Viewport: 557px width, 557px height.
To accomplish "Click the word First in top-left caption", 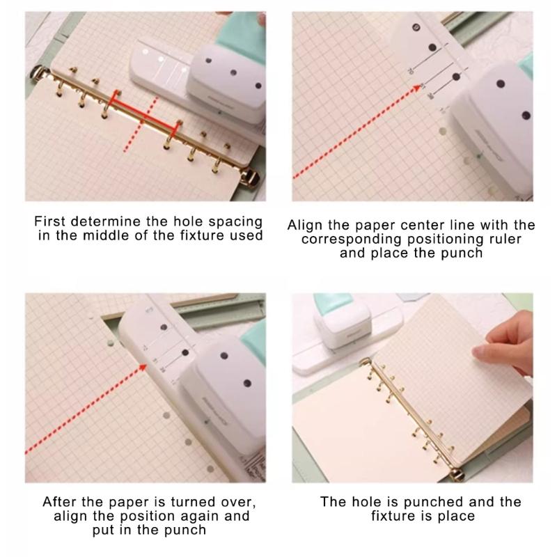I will [x=51, y=221].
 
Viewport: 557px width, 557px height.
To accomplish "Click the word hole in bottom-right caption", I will [x=361, y=502].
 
